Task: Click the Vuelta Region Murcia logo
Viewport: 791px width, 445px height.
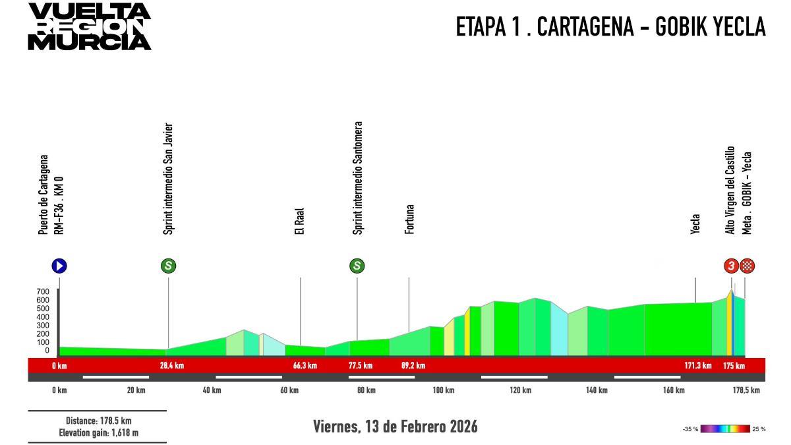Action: pos(89,26)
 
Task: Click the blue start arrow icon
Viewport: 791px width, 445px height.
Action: pos(59,266)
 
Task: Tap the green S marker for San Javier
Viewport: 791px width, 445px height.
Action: pos(168,266)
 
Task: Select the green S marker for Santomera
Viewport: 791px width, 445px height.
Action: pos(357,266)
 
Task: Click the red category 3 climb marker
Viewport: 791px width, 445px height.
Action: pos(731,266)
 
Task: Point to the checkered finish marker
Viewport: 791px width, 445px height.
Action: pos(747,266)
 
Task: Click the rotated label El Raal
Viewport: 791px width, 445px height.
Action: pos(300,223)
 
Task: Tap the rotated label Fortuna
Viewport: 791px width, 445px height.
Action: pos(409,220)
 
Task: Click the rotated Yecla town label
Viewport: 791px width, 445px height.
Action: pos(695,223)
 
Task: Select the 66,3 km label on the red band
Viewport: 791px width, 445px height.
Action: pos(305,366)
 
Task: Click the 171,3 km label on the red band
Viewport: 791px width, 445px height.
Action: pos(698,366)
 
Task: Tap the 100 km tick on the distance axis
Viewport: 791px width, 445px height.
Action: pos(443,390)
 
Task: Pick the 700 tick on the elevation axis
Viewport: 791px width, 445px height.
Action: pos(43,291)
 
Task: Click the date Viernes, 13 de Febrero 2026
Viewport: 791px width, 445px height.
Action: pos(395,427)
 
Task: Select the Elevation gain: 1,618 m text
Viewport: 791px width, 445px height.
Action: pos(98,432)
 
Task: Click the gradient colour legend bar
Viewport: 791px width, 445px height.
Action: pos(725,429)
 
